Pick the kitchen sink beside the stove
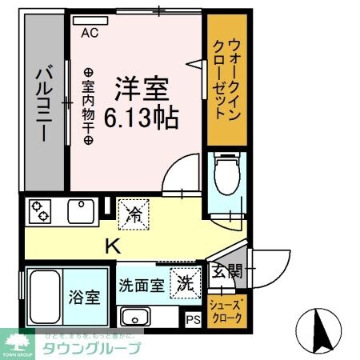[81, 211]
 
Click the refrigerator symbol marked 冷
[132, 212]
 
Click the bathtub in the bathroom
[46, 297]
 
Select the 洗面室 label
[142, 283]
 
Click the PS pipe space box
[192, 319]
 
